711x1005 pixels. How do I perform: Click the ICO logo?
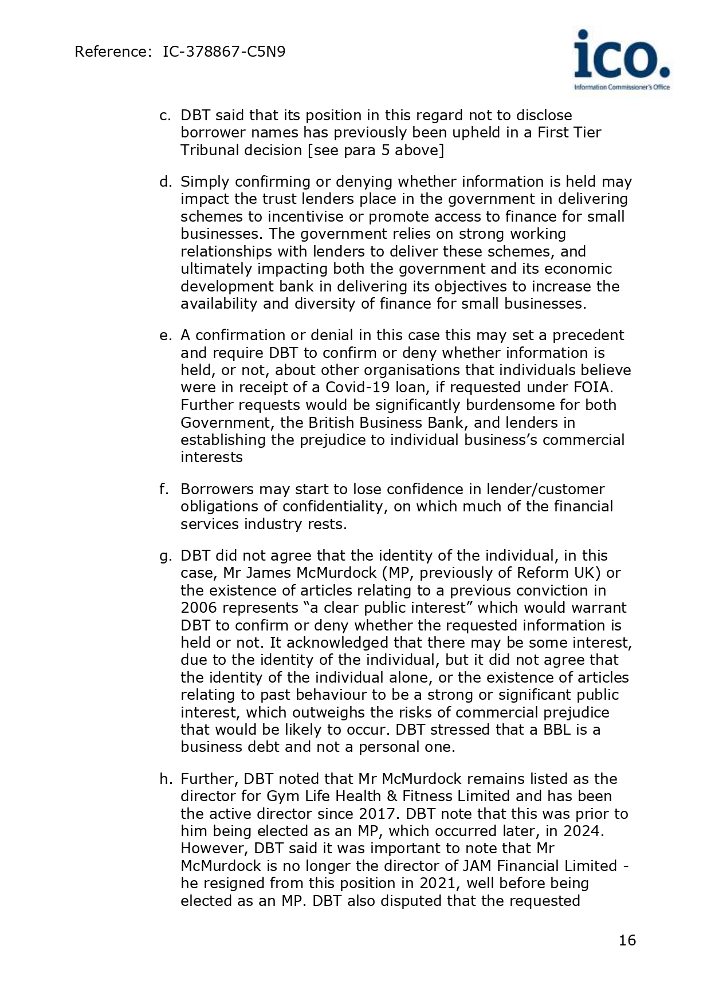click(x=622, y=60)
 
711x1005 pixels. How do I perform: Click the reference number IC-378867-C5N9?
click(x=224, y=52)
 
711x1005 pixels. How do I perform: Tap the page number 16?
click(x=627, y=940)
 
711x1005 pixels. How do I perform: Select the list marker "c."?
click(x=165, y=115)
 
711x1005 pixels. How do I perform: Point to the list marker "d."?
click(x=166, y=182)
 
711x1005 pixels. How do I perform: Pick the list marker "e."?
click(x=166, y=335)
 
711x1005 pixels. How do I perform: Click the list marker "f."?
click(x=164, y=489)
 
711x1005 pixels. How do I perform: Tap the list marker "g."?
click(x=166, y=556)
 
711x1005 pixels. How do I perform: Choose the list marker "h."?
click(x=166, y=779)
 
